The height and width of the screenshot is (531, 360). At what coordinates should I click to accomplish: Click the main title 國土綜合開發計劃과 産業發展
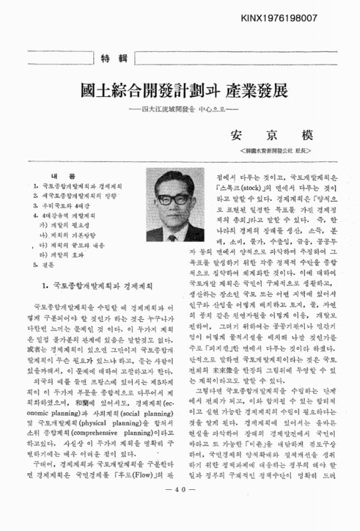click(x=179, y=90)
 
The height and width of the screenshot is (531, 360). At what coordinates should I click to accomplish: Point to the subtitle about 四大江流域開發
click(x=180, y=109)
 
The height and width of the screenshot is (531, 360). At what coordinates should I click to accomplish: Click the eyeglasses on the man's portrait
click(x=177, y=199)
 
